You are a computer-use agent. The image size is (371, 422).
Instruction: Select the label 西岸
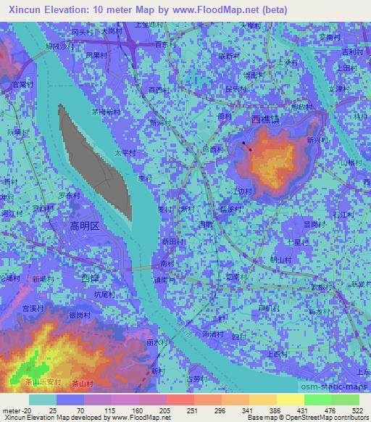90,278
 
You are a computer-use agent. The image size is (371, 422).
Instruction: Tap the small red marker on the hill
251,149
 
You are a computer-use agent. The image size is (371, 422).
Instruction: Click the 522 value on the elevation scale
357,410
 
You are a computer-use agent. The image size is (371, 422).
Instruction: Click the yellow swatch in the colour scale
289,400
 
